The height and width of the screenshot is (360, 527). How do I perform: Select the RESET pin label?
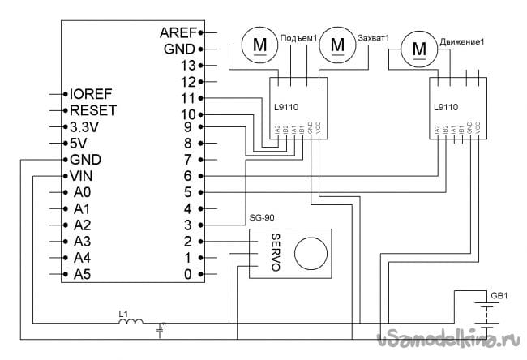(94, 109)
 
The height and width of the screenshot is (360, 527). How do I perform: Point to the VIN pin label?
(84, 176)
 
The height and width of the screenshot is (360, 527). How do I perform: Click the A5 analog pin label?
(82, 275)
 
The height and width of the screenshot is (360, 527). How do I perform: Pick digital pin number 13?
(188, 65)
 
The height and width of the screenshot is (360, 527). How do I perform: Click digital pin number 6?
(188, 175)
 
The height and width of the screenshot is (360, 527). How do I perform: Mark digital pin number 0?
(188, 275)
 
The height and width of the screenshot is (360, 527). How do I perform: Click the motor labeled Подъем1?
(259, 45)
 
